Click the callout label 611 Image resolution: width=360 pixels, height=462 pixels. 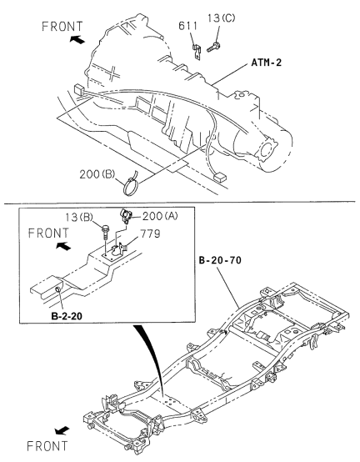[187, 26]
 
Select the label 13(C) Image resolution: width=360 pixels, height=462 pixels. [221, 18]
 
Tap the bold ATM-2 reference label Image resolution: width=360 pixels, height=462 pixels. [267, 63]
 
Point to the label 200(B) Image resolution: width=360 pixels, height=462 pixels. [97, 174]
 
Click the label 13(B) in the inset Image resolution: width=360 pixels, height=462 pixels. [78, 218]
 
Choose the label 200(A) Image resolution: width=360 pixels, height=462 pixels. [160, 217]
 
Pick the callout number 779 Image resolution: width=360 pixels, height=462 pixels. [150, 234]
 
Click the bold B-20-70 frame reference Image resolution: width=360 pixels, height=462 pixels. [220, 260]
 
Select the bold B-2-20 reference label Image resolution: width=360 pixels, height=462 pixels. [67, 316]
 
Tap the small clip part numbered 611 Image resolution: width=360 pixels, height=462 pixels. [197, 52]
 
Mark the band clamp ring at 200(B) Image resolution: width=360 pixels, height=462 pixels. [131, 185]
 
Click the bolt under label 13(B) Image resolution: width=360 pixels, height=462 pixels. [105, 232]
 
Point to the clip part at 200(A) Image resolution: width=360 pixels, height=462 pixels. [126, 215]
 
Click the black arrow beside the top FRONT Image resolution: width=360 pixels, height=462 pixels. [77, 39]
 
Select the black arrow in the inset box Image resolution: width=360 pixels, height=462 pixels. [63, 246]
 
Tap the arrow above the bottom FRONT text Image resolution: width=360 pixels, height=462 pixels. [62, 431]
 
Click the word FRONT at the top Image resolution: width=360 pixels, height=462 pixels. [62, 27]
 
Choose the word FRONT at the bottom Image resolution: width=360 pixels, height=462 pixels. [47, 446]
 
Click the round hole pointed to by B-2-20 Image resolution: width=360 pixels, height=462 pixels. [58, 289]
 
